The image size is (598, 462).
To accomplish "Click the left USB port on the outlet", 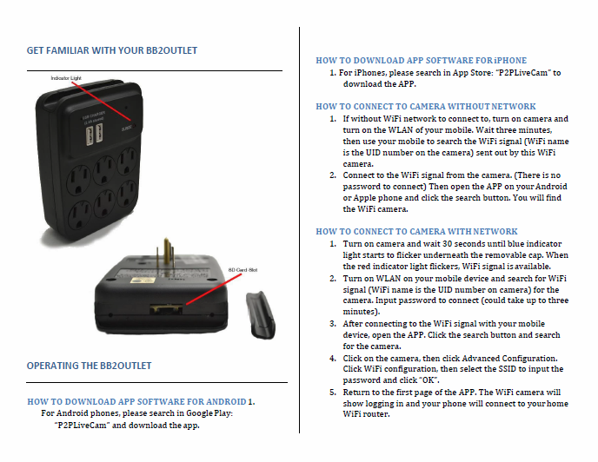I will (x=89, y=131).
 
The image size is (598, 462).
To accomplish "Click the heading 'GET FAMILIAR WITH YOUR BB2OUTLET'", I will (x=112, y=50).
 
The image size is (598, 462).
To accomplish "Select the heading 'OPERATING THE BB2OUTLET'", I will (x=90, y=366).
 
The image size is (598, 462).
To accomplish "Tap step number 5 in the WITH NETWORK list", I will (x=332, y=392).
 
